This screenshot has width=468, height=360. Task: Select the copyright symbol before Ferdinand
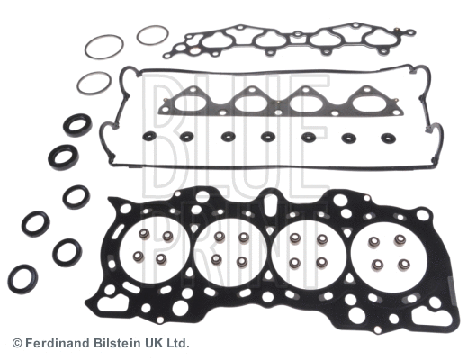16,344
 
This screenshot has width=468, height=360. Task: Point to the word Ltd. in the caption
175,344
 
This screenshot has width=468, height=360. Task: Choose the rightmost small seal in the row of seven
389,139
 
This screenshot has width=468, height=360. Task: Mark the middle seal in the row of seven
267,138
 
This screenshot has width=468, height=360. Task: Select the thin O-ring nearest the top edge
152,36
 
